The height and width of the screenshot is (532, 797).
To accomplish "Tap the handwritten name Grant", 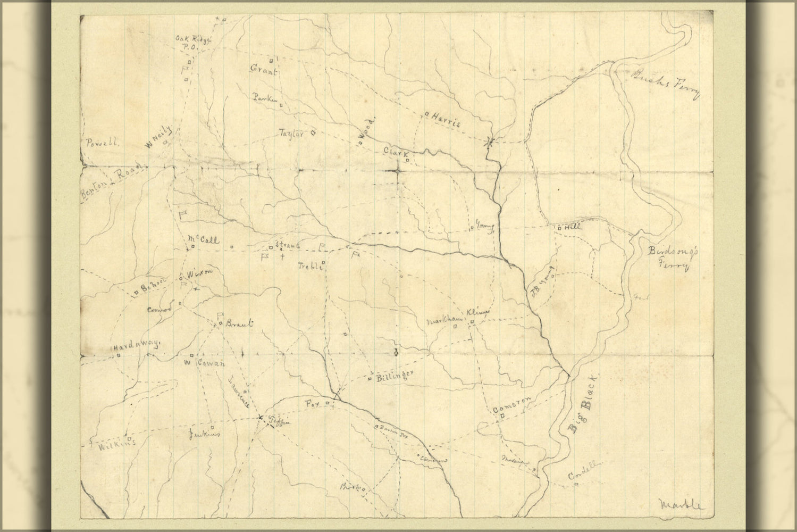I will coord(264,70).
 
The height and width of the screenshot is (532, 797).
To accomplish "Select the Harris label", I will coord(446,120).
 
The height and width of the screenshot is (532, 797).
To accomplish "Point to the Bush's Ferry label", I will coord(664,85).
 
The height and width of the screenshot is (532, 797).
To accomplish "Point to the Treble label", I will coord(309,267).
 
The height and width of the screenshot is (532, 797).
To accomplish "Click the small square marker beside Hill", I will coord(559,228).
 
